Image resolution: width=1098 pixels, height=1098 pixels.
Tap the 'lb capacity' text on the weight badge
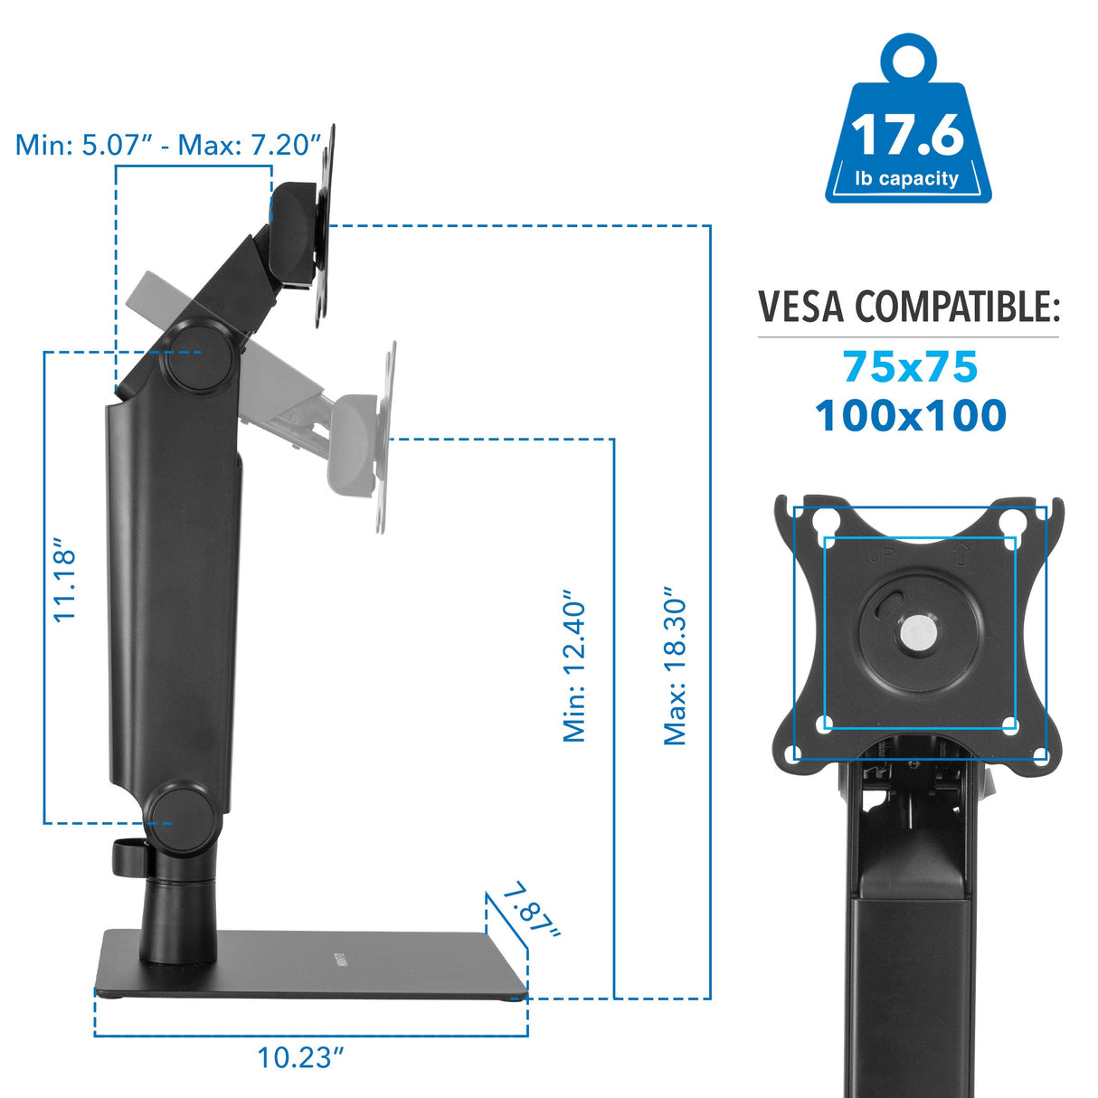coord(907,178)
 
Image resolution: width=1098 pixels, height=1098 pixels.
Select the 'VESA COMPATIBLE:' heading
coord(908,308)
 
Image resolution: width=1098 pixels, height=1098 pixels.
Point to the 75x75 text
coord(910,367)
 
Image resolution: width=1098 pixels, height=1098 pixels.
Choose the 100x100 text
coord(910,416)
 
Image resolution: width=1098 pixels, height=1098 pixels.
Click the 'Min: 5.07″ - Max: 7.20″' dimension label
coord(169,145)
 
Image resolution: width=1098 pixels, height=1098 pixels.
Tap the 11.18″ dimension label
coord(64,583)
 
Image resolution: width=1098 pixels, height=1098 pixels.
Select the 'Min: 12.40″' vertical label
coord(575,667)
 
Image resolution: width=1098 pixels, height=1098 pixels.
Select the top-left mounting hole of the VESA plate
coord(824,522)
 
